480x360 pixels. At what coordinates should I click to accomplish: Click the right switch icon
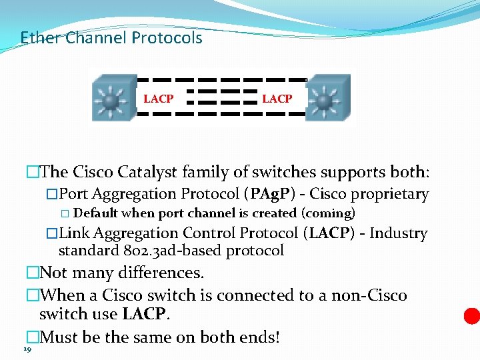coord(326,99)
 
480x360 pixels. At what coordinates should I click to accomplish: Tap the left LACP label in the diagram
coord(159,99)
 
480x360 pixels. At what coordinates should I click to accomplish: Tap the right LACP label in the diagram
coord(277,99)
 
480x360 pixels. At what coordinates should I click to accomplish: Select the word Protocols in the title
coord(167,38)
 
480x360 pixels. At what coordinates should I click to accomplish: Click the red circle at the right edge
coord(472,315)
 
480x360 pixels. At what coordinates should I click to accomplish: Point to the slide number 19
coord(27,349)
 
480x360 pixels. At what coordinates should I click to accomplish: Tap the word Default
coord(95,213)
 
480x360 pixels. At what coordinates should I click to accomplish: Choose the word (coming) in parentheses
coord(328,213)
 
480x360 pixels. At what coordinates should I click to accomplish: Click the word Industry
coord(398,233)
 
